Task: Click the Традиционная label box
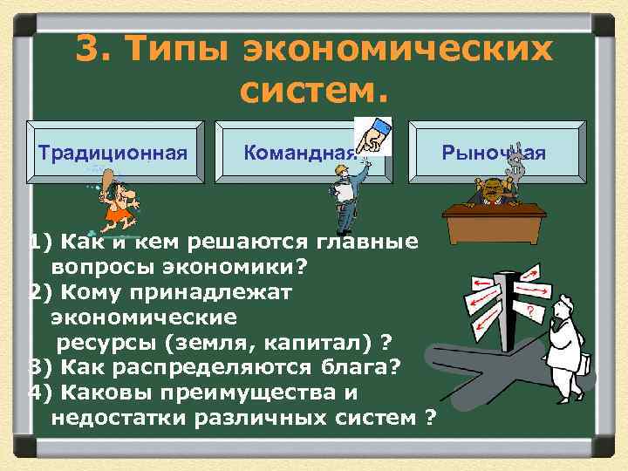(x=113, y=154)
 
